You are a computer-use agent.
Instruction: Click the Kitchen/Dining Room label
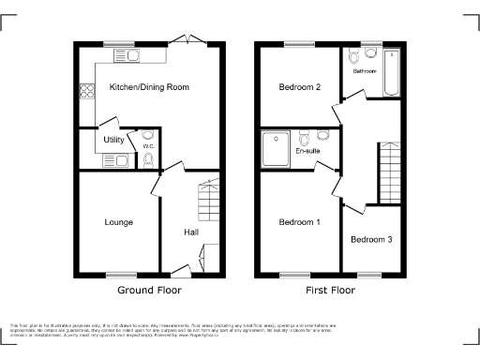click(149, 87)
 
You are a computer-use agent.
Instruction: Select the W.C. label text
click(147, 145)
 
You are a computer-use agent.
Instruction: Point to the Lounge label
click(118, 222)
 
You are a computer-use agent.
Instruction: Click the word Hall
click(191, 232)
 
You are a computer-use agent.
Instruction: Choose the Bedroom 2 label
click(300, 87)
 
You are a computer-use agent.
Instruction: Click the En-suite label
click(307, 150)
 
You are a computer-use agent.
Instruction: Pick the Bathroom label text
click(365, 71)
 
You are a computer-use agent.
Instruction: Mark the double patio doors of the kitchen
click(193, 38)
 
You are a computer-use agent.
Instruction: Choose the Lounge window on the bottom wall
click(119, 275)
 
